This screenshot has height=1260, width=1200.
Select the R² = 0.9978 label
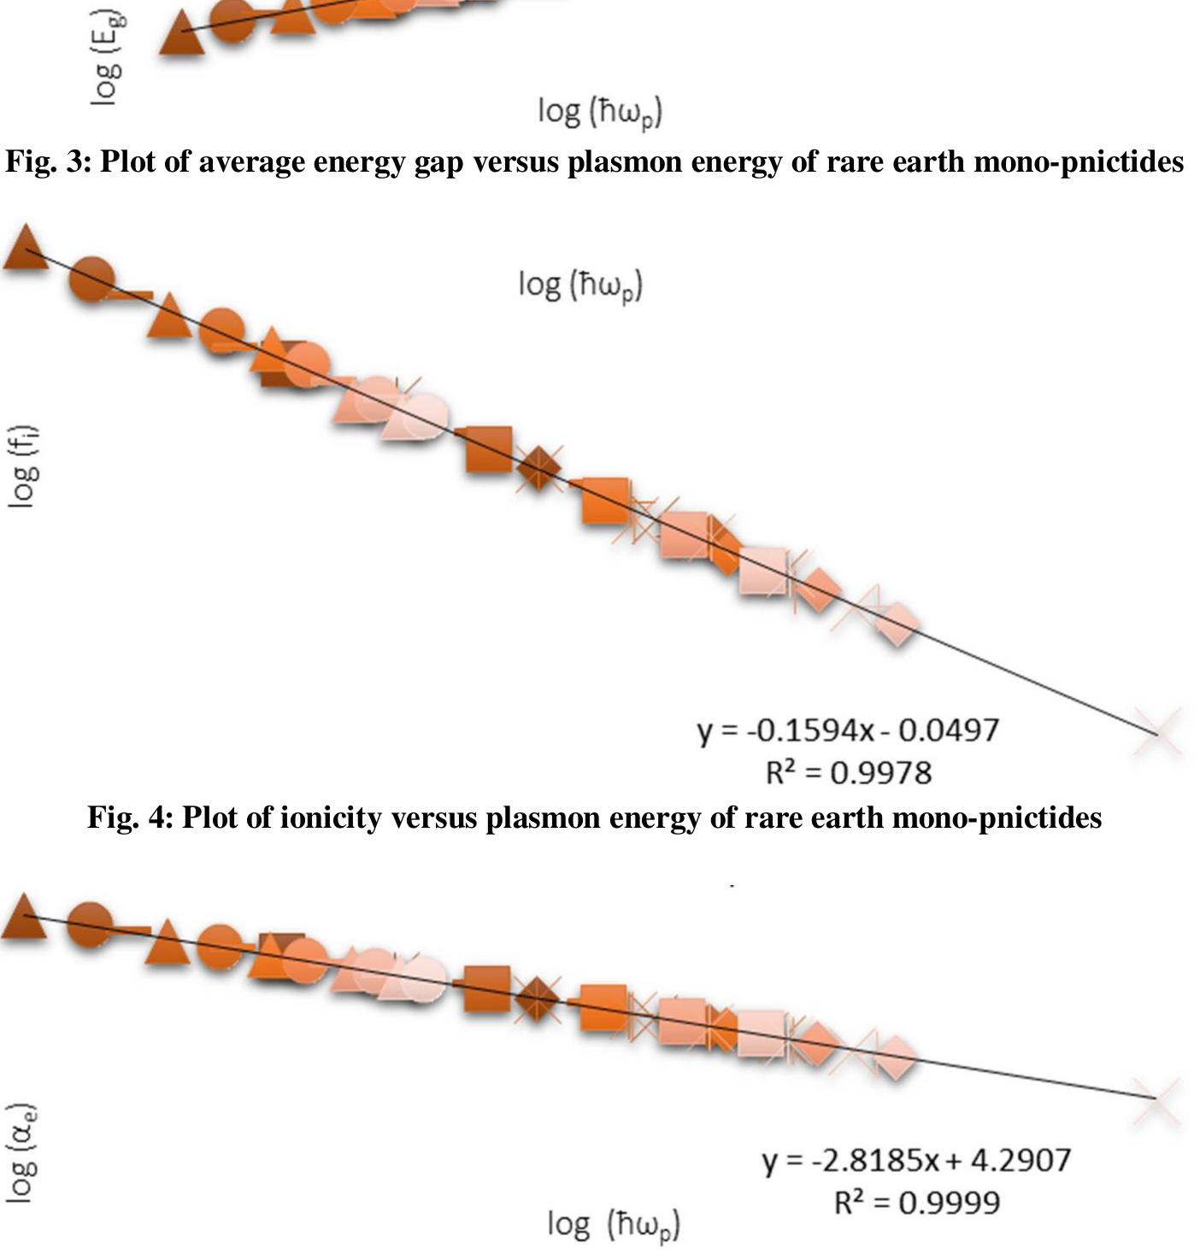point(848,773)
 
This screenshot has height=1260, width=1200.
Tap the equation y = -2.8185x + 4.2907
point(916,1160)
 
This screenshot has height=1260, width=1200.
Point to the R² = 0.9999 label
point(916,1203)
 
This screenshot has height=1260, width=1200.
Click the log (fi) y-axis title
point(23,466)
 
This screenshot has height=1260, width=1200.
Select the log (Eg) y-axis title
point(107,57)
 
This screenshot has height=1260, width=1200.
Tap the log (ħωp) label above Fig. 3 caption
point(600,112)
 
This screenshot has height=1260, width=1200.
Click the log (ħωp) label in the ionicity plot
point(580,284)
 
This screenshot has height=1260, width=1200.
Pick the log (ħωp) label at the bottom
point(614,1225)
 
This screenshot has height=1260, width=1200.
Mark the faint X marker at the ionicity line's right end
point(1156,733)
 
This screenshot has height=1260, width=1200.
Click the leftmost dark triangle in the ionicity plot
point(26,249)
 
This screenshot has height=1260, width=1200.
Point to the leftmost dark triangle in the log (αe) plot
point(24,918)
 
